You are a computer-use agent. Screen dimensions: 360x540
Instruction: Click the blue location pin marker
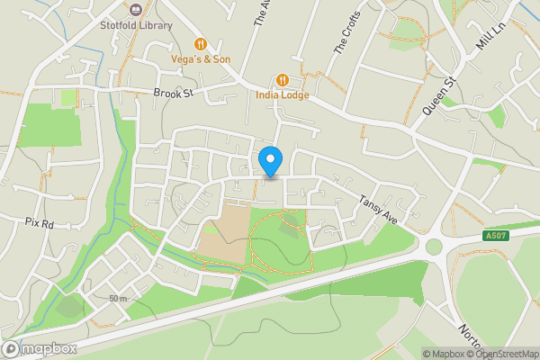coord(271,161)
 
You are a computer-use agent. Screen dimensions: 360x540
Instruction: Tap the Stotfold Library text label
coord(137,24)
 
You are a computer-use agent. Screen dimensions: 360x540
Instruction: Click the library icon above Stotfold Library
coord(137,9)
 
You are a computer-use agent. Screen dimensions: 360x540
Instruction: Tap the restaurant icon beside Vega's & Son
coord(202,42)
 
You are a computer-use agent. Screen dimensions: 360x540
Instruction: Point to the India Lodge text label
coord(283,94)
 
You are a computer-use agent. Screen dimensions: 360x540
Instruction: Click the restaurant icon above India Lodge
coord(283,79)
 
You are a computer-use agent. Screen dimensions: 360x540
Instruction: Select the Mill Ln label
coord(488,37)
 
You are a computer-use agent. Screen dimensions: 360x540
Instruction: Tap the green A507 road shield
coord(491,235)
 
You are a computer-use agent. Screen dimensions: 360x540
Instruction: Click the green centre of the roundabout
coord(436,246)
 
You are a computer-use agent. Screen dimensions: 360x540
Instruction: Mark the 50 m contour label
coord(118,298)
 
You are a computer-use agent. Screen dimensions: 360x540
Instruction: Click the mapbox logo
coord(40,348)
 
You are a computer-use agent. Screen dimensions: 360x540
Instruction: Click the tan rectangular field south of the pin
coord(222,232)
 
